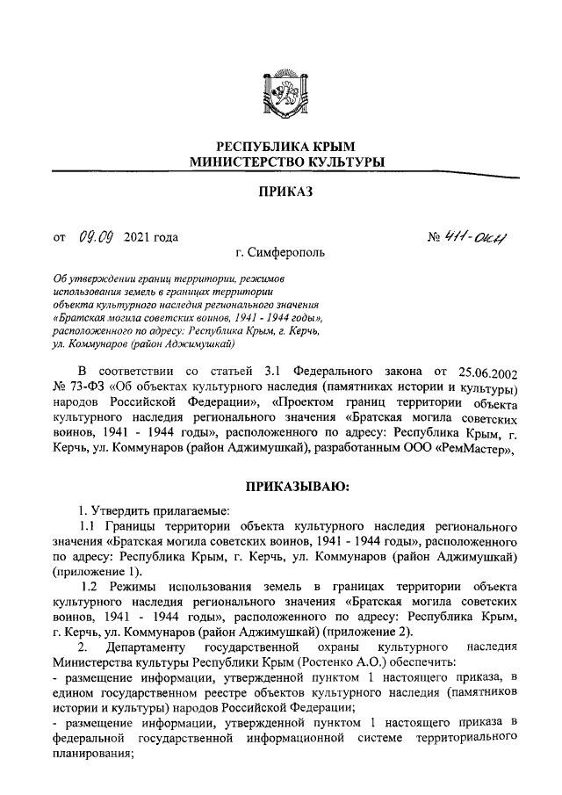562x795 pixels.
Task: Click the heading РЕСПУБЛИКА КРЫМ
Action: point(281,147)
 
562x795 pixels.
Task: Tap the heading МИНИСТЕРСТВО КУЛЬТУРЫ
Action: point(281,163)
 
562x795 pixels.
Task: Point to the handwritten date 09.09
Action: point(93,236)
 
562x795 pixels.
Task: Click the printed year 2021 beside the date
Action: point(140,237)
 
